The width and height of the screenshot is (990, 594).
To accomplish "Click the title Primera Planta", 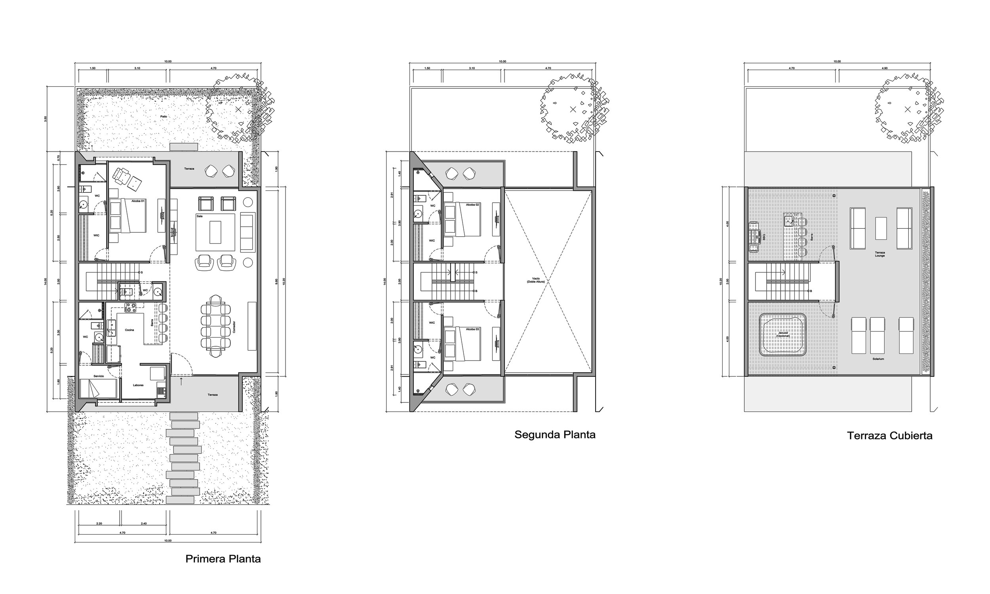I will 223,559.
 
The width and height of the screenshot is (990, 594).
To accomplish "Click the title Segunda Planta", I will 555,435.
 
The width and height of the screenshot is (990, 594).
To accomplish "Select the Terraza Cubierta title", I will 889,436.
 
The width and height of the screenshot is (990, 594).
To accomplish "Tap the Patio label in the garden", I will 164,116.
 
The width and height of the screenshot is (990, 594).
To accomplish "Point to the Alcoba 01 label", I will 137,200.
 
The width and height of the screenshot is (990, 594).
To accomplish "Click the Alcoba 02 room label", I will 472,205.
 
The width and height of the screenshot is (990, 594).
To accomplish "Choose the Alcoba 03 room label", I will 472,329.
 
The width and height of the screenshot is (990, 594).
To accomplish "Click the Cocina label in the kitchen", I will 129,330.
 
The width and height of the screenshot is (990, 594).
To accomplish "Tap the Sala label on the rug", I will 200,216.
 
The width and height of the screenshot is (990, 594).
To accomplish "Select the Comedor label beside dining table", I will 234,326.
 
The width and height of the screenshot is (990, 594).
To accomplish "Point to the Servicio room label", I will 99,376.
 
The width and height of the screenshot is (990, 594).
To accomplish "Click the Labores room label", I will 138,385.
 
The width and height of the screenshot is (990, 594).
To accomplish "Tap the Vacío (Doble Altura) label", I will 537,280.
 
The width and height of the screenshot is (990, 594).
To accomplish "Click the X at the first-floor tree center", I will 238,109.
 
